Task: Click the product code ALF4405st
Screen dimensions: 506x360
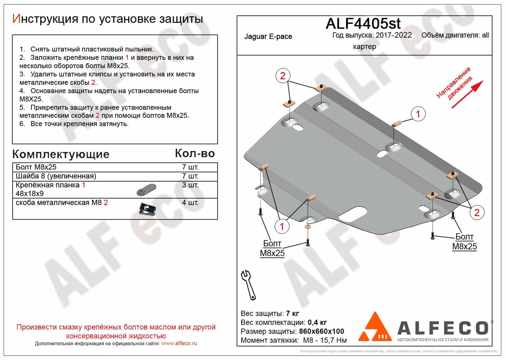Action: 363,23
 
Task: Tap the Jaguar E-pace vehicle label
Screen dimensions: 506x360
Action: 268,36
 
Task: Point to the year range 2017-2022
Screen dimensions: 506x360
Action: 394,35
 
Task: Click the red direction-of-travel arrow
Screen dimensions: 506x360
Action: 467,94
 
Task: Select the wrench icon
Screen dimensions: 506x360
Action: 248,285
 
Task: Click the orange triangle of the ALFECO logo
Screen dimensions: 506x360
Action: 375,326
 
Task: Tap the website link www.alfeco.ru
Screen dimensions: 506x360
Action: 179,343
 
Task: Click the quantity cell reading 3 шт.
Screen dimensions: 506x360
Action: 190,185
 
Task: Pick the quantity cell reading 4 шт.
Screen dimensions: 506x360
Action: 190,202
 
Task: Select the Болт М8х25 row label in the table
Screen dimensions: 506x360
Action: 36,167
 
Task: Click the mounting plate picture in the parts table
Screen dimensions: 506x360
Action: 146,190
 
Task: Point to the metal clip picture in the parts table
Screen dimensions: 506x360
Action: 147,209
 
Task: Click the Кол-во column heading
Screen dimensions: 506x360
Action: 195,153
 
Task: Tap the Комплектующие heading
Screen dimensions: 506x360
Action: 61,154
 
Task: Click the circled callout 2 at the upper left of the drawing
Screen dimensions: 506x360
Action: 283,76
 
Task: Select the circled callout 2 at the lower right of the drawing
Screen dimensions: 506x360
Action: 477,212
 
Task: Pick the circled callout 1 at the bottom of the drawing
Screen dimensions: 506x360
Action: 282,226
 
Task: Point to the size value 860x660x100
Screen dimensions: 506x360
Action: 321,331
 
